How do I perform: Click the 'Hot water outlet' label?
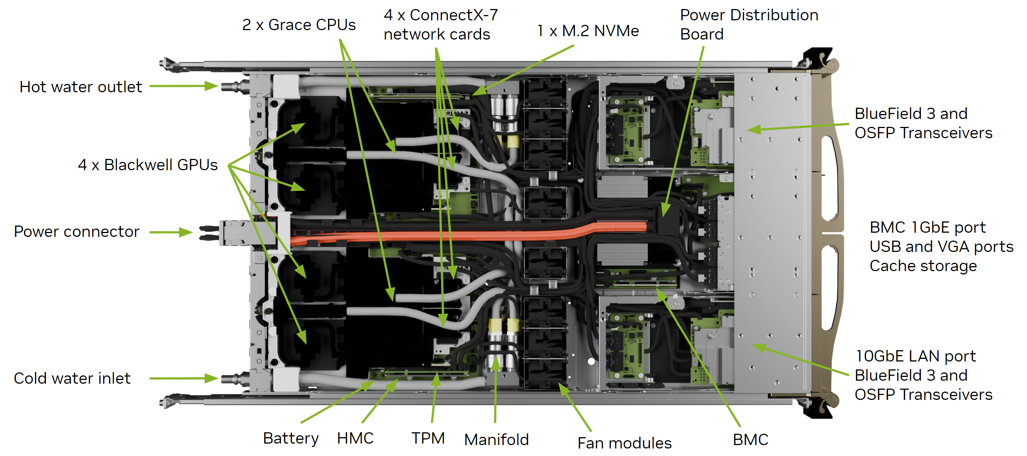click(81, 87)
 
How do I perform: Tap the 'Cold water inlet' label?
click(72, 378)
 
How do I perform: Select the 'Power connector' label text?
click(76, 232)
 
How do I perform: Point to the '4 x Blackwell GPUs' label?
click(148, 165)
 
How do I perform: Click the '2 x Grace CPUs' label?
click(298, 25)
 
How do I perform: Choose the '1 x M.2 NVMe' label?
click(588, 31)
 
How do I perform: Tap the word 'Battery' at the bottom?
click(291, 438)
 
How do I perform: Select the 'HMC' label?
click(355, 438)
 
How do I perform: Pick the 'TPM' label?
click(428, 438)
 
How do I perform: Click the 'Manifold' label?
click(496, 440)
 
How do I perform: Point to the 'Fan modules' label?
click(624, 443)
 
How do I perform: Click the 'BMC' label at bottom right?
click(750, 440)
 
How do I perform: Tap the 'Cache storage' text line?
click(923, 266)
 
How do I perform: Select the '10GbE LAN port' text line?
click(916, 356)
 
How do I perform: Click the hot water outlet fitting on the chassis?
click(233, 86)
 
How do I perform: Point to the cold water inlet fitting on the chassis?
click(233, 378)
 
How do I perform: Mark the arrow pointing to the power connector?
click(172, 232)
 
